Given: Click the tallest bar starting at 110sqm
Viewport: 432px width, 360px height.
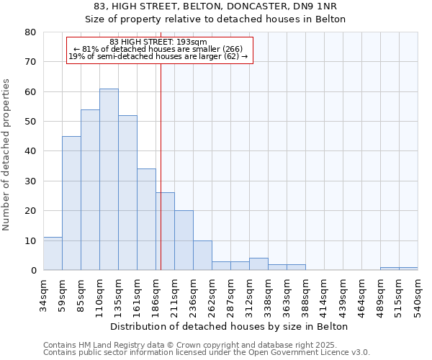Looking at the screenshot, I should (109, 179).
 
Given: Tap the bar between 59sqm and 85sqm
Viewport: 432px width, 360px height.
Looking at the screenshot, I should (71, 203).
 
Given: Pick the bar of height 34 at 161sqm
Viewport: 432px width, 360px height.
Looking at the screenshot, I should (146, 220).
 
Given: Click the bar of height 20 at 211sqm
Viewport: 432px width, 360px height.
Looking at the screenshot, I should (184, 240).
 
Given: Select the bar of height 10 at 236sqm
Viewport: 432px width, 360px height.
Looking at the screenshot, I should (202, 256).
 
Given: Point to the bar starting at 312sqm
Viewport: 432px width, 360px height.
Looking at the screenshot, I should (258, 264).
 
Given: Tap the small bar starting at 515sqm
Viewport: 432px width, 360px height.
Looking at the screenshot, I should (408, 269).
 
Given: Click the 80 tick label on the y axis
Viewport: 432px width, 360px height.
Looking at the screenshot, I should (30, 32).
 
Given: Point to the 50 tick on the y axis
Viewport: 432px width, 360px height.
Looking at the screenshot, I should (30, 122).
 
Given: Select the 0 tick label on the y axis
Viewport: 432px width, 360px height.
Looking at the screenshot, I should (33, 271).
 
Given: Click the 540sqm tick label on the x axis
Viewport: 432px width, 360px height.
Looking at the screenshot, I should (418, 296).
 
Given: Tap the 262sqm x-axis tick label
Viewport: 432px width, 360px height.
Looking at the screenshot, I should (212, 296).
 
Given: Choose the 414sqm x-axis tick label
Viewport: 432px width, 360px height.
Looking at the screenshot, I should (324, 296).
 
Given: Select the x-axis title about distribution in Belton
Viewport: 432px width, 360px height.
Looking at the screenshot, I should (230, 326).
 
